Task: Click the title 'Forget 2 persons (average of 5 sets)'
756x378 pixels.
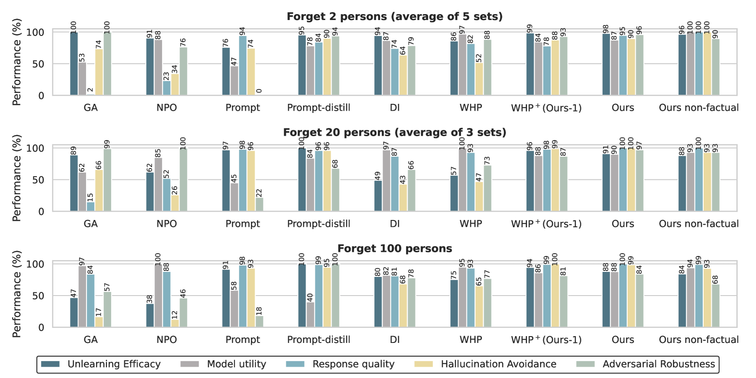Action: point(395,17)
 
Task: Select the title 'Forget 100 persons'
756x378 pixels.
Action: point(395,249)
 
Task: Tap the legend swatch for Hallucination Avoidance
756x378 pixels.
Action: point(423,364)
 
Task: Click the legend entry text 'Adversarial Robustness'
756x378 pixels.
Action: point(659,364)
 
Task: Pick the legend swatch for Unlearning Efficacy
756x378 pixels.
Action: point(50,364)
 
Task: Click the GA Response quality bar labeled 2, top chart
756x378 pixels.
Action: point(91,94)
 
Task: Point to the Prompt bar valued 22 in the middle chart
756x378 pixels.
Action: point(259,204)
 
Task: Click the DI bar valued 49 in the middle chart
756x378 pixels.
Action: point(378,196)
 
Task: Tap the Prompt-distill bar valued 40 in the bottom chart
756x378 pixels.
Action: point(310,315)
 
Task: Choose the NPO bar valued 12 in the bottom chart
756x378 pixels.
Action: point(175,323)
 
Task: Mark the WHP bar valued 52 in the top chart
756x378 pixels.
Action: point(479,79)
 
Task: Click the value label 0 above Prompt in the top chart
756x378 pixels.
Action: point(259,91)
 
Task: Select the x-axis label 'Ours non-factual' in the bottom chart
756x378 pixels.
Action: point(699,340)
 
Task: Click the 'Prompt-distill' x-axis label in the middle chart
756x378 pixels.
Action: point(319,224)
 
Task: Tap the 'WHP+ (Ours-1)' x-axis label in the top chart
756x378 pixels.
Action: point(546,108)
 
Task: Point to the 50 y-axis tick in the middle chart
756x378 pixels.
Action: point(38,180)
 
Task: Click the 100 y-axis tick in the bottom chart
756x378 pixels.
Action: point(36,265)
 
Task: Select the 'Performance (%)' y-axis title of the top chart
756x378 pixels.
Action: point(17,62)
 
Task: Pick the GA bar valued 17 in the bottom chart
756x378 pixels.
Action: point(99,322)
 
